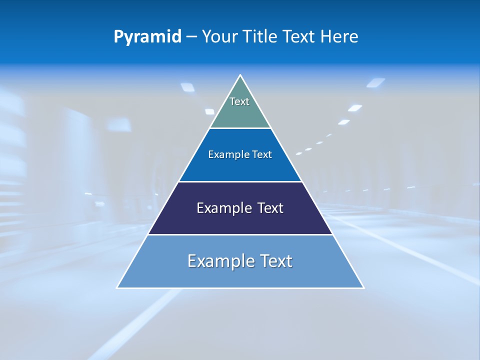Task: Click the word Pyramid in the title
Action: coord(147,36)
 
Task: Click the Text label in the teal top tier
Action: coord(239,101)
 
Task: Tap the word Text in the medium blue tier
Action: coord(262,154)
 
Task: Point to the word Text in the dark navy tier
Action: coord(270,208)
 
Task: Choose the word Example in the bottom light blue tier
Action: coord(219,261)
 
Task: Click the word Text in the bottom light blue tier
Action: coord(276,261)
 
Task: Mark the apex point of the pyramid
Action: coord(240,75)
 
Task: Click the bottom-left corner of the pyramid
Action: coord(117,287)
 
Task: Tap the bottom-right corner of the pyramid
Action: coord(363,287)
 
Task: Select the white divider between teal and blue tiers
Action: coord(240,128)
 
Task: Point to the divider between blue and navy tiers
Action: coord(240,181)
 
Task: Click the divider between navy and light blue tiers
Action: coord(240,234)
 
